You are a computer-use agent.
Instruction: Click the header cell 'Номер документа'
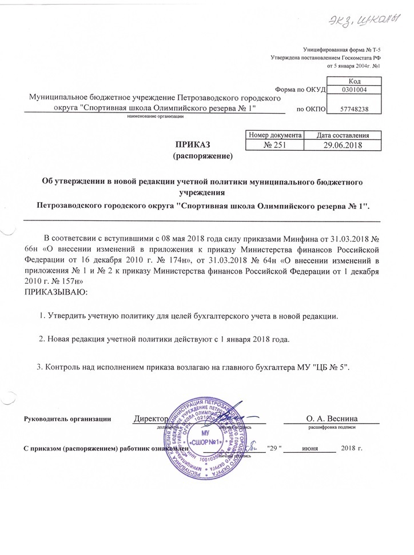pyautogui.click(x=273, y=135)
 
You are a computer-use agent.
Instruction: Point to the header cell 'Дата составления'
pyautogui.click(x=342, y=135)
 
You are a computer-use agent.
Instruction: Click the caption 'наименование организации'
pyautogui.click(x=155, y=116)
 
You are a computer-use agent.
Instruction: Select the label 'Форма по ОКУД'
pyautogui.click(x=300, y=90)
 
